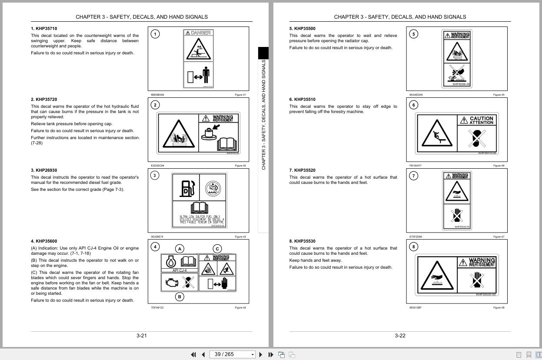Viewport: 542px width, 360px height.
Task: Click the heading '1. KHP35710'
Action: pyautogui.click(x=44, y=29)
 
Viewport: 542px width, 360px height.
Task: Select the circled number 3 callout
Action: pyautogui.click(x=155, y=176)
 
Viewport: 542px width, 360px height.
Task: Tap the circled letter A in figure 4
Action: pyautogui.click(x=180, y=249)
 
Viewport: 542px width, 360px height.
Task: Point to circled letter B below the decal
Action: pyautogui.click(x=180, y=297)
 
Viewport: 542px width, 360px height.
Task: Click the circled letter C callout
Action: pyautogui.click(x=217, y=249)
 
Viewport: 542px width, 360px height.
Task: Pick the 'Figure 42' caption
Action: pyautogui.click(x=240, y=166)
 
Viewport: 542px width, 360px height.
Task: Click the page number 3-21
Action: pyautogui.click(x=142, y=336)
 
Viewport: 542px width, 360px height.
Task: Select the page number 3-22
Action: pyautogui.click(x=400, y=336)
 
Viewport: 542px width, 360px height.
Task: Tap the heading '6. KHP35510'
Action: pyautogui.click(x=303, y=100)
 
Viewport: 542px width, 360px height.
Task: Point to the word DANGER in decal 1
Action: pyautogui.click(x=201, y=33)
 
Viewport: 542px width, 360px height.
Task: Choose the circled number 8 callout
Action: pyautogui.click(x=414, y=247)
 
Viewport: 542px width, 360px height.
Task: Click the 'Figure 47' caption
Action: pyautogui.click(x=499, y=237)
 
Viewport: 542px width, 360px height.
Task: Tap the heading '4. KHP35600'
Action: pyautogui.click(x=44, y=241)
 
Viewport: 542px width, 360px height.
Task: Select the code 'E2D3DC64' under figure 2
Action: pyautogui.click(x=157, y=166)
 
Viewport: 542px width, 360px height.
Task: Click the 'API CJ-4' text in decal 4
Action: pyautogui.click(x=180, y=270)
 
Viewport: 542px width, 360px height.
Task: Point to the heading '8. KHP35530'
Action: pyautogui.click(x=303, y=241)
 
